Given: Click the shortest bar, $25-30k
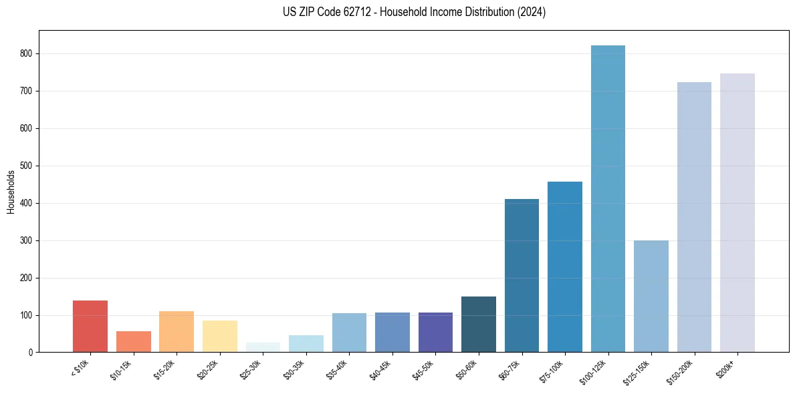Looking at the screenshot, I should [263, 347].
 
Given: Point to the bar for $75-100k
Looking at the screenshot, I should [565, 266].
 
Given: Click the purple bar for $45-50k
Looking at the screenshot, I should [435, 332].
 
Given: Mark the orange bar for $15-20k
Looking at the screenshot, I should [177, 331].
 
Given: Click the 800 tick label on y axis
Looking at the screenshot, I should [27, 53].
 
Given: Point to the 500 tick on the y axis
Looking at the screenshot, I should [27, 166].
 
